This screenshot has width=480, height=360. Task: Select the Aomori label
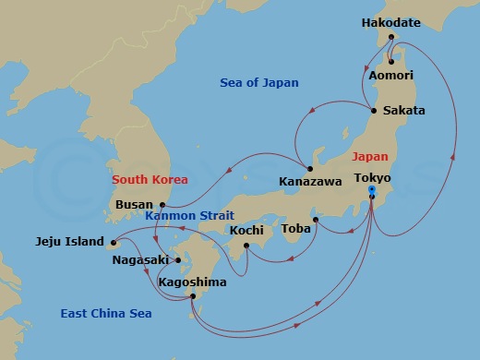coord(390,76)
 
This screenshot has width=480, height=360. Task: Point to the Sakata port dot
coord(375,111)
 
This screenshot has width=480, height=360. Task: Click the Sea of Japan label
coord(259,83)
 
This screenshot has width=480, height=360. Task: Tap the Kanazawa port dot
coord(310,169)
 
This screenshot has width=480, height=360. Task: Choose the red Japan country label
coord(370,157)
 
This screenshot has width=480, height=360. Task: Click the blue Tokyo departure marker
coord(371,191)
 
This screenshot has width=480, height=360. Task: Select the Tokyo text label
coord(372,177)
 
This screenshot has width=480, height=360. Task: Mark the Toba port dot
coord(315,220)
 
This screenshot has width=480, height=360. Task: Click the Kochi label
coord(246,230)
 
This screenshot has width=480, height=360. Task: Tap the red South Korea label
coord(150,179)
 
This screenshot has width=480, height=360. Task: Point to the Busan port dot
coord(162,205)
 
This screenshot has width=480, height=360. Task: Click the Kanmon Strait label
coord(190,216)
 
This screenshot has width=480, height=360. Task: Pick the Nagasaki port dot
coord(178,260)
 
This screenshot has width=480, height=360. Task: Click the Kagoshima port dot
coord(192,296)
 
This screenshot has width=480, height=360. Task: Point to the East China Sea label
coord(106,314)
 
